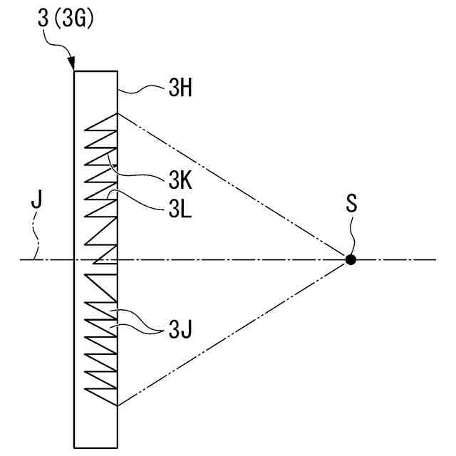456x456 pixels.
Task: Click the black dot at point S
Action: click(350, 259)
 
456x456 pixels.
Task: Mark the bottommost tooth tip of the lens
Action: click(117, 405)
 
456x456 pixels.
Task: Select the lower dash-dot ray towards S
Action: click(235, 332)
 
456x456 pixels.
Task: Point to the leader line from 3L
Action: click(139, 201)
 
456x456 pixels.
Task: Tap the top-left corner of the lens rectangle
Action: click(75, 71)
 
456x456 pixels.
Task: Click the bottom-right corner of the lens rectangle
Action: click(117, 447)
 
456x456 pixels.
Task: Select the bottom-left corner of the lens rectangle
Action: click(75, 447)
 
